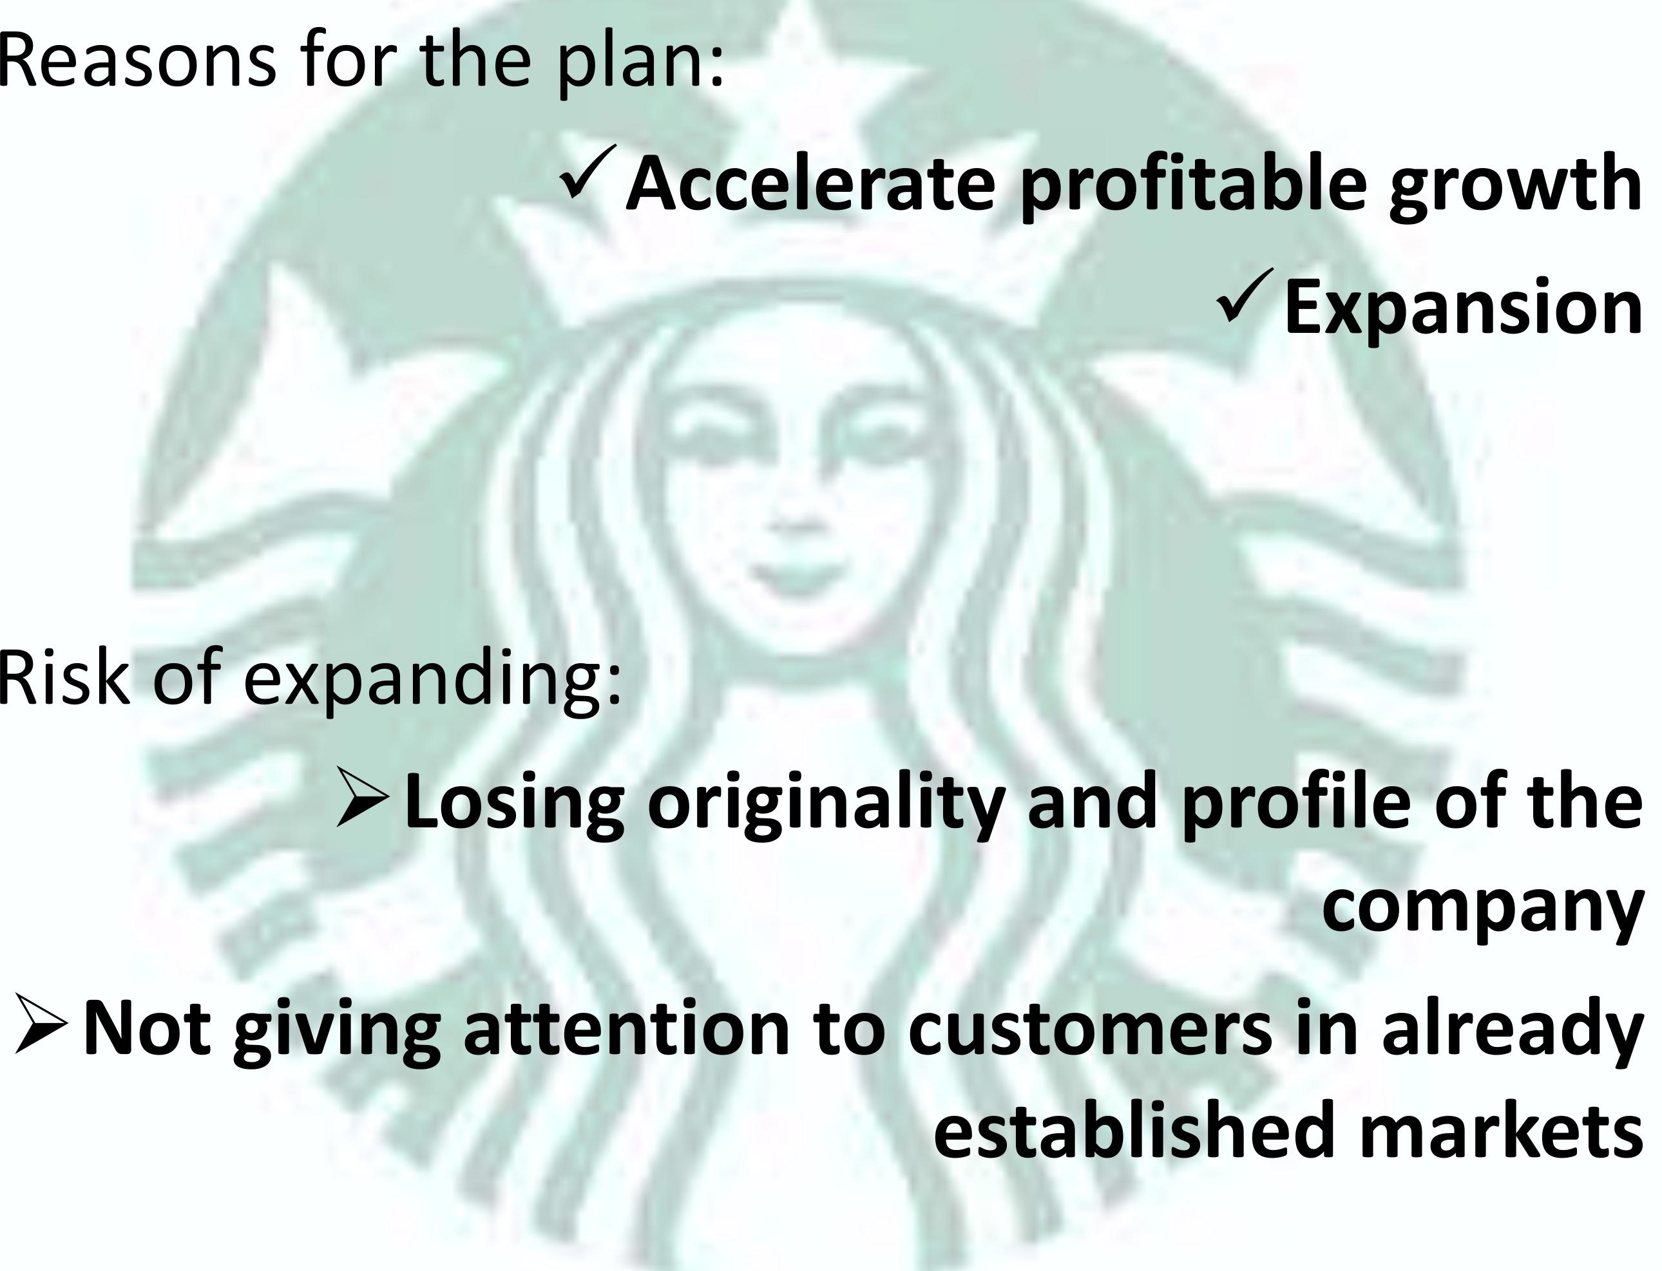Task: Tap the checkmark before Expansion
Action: (1245, 297)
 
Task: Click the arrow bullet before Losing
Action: (363, 796)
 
